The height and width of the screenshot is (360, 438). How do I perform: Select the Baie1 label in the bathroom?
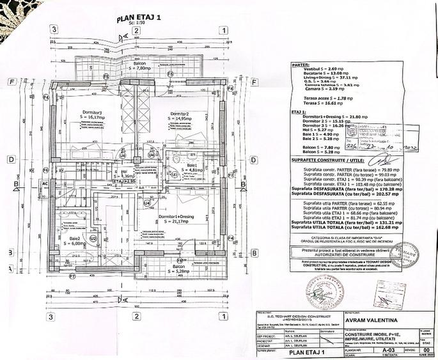[x=191, y=168]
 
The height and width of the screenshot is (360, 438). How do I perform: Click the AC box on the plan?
[x=45, y=184]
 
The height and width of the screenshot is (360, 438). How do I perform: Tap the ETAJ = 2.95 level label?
[x=123, y=182]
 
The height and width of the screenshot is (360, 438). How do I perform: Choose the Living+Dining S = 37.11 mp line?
[x=325, y=77]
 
